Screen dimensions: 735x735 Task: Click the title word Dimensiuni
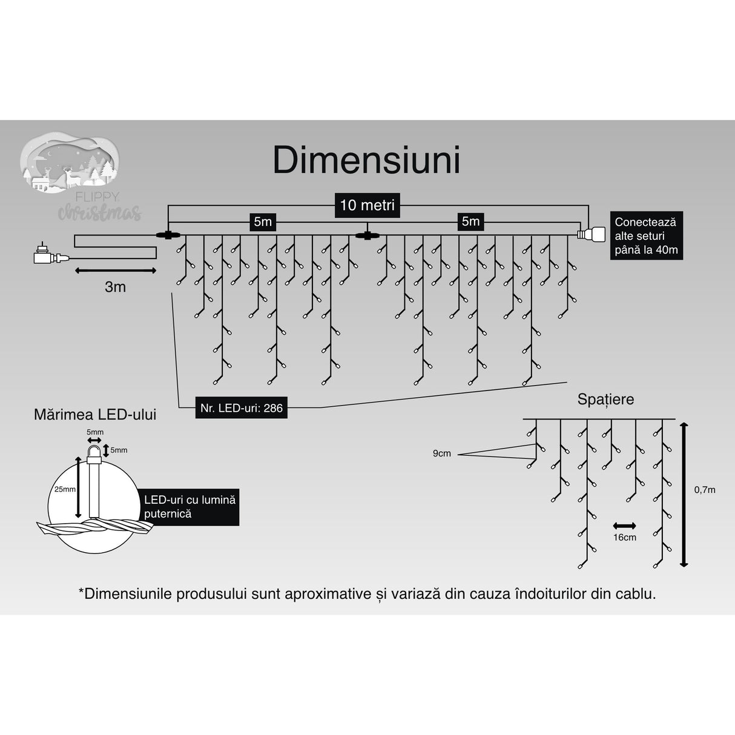pyautogui.click(x=367, y=160)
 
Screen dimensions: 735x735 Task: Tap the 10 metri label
pyautogui.click(x=367, y=205)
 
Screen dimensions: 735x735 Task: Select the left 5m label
pyautogui.click(x=263, y=222)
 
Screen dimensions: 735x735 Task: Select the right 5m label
pyautogui.click(x=470, y=222)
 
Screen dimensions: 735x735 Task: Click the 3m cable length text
pyautogui.click(x=115, y=287)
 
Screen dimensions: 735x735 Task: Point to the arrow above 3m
pyautogui.click(x=115, y=271)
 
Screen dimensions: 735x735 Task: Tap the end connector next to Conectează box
pyautogui.click(x=591, y=234)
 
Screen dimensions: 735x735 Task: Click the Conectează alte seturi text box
pyautogui.click(x=645, y=236)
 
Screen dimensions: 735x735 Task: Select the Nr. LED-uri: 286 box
pyautogui.click(x=242, y=408)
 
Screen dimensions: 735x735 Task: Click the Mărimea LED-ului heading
pyautogui.click(x=95, y=415)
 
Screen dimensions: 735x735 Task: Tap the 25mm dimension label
pyautogui.click(x=64, y=489)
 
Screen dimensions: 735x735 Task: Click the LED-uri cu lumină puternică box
pyautogui.click(x=189, y=507)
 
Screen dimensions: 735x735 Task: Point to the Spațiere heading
pyautogui.click(x=605, y=400)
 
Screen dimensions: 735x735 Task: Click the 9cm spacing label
pyautogui.click(x=441, y=453)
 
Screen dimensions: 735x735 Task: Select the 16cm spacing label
pyautogui.click(x=624, y=537)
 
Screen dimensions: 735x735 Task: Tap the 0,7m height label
pyautogui.click(x=704, y=490)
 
